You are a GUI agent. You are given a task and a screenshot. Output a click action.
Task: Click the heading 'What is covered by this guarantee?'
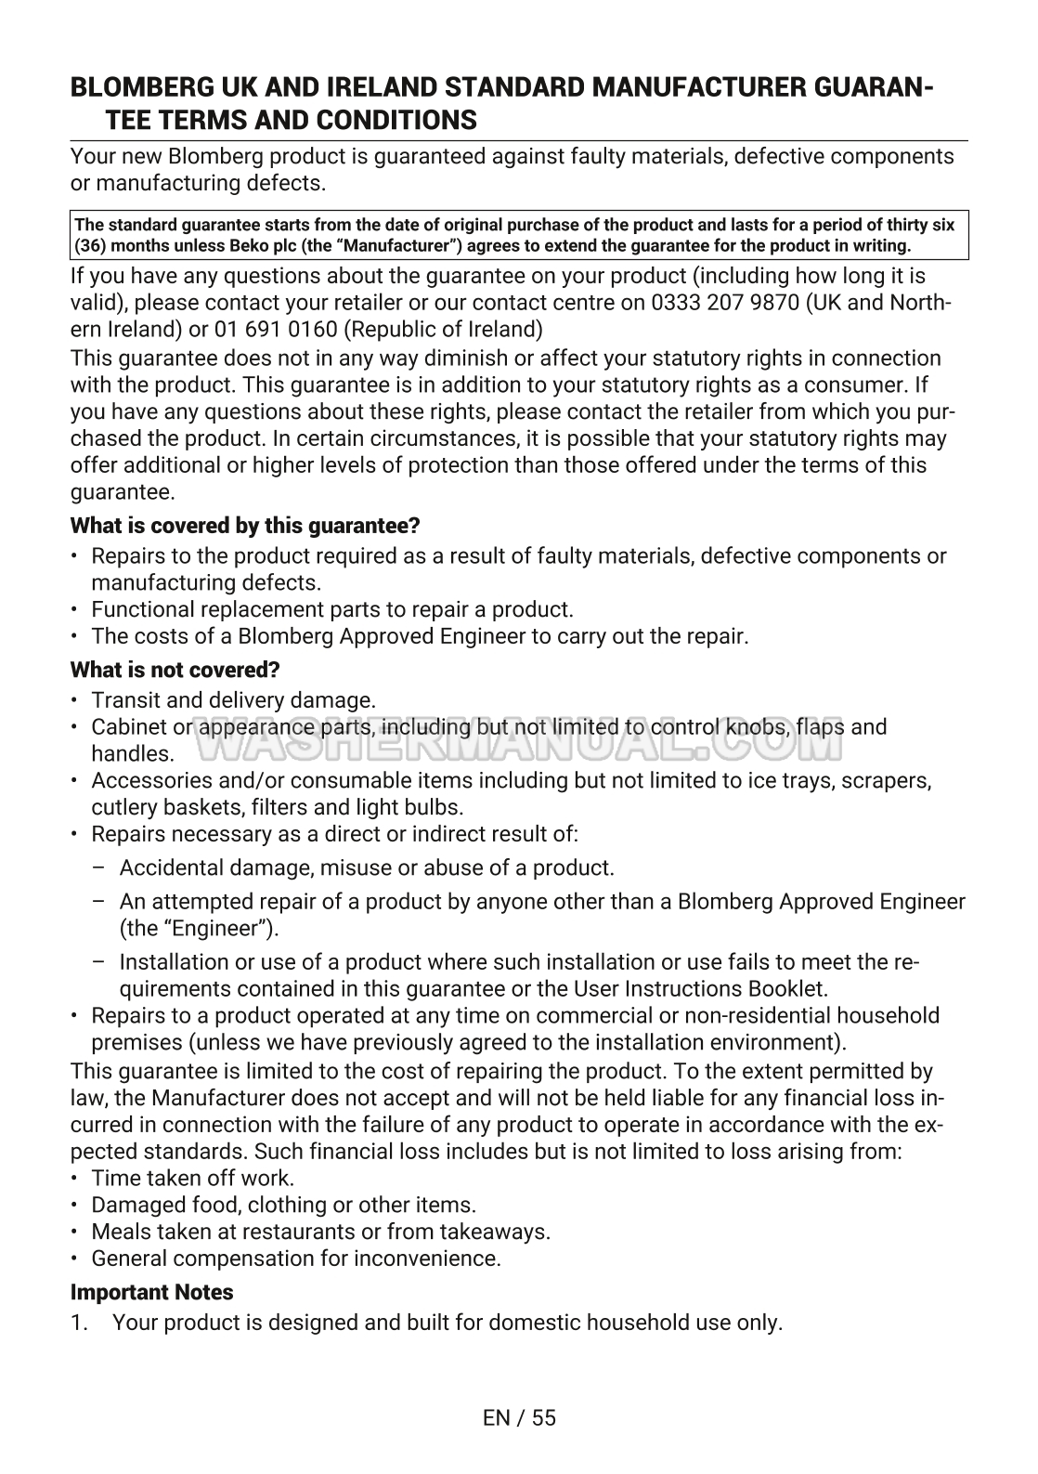pyautogui.click(x=245, y=526)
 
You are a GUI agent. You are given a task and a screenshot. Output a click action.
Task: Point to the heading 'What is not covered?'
pyautogui.click(x=175, y=670)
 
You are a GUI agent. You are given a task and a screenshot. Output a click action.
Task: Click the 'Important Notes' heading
pyautogui.click(x=152, y=1292)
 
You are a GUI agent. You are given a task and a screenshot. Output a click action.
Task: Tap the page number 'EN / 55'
pyautogui.click(x=519, y=1417)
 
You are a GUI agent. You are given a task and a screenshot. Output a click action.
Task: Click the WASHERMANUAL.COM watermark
pyautogui.click(x=518, y=740)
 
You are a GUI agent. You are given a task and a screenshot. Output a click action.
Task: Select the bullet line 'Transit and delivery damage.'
pyautogui.click(x=234, y=700)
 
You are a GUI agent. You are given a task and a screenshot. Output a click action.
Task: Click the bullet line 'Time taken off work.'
pyautogui.click(x=193, y=1179)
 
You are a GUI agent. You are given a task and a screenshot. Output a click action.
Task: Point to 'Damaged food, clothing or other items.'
pyautogui.click(x=283, y=1206)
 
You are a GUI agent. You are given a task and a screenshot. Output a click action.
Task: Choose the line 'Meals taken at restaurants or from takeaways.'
pyautogui.click(x=321, y=1233)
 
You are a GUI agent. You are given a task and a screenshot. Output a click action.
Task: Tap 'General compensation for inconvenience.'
pyautogui.click(x=296, y=1259)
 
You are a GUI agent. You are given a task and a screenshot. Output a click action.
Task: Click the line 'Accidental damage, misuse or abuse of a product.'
pyautogui.click(x=367, y=868)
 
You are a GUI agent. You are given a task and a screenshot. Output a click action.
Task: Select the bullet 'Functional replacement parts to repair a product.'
pyautogui.click(x=332, y=610)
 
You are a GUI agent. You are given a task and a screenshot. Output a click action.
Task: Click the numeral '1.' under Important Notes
pyautogui.click(x=80, y=1323)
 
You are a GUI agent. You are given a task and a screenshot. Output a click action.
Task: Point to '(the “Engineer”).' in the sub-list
pyautogui.click(x=200, y=929)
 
